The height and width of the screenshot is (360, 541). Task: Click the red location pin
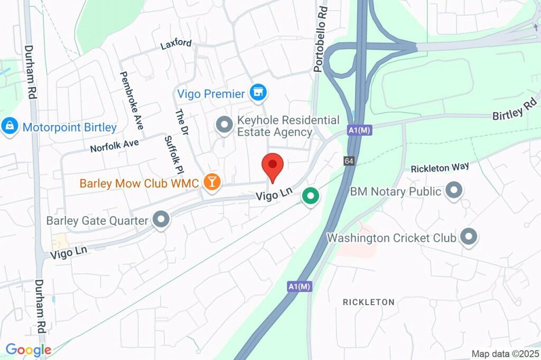[273, 165]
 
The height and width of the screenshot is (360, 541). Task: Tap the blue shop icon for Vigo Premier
[258, 93]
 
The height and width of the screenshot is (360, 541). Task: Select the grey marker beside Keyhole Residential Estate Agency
[224, 126]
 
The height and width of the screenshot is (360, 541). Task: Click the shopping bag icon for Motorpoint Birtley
[10, 127]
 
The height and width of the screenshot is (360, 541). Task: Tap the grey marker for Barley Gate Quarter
[161, 220]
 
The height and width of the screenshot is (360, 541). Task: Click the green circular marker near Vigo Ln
[311, 197]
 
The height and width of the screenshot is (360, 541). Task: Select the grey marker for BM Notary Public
[453, 191]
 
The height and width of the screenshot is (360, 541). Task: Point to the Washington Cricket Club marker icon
[468, 238]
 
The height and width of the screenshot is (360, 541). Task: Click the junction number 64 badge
[349, 161]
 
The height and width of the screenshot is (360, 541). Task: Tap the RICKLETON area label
[369, 302]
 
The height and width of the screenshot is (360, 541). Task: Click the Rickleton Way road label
[440, 167]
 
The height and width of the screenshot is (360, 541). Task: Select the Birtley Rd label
[514, 110]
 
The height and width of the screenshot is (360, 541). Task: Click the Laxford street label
[176, 44]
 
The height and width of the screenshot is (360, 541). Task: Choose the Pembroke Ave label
[132, 100]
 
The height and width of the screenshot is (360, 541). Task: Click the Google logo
[29, 349]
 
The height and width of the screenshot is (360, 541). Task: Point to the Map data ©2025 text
[504, 354]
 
